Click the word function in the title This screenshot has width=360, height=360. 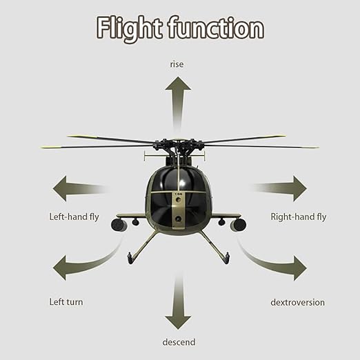[x=216, y=28]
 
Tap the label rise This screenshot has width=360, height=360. [x=177, y=64]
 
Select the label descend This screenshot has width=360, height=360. [x=179, y=342]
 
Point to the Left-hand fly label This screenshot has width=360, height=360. [x=74, y=217]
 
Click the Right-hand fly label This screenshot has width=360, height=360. [x=299, y=217]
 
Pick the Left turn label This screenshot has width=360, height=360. [x=66, y=302]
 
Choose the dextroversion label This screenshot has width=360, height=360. [x=297, y=302]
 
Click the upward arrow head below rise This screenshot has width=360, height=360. [x=178, y=83]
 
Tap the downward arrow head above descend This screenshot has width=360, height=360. [x=178, y=323]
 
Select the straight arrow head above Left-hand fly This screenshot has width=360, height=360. [x=59, y=188]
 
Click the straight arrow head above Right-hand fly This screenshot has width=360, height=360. [x=300, y=188]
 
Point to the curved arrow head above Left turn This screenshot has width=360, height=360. [x=59, y=268]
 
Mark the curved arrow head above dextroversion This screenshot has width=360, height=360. [x=300, y=268]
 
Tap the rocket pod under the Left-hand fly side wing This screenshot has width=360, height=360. [x=119, y=225]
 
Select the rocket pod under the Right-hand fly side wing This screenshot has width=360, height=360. [x=238, y=225]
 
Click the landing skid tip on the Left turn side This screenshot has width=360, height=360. [x=130, y=259]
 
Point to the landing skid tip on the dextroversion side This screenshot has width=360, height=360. [x=227, y=258]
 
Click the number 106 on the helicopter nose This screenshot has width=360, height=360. [x=178, y=194]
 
